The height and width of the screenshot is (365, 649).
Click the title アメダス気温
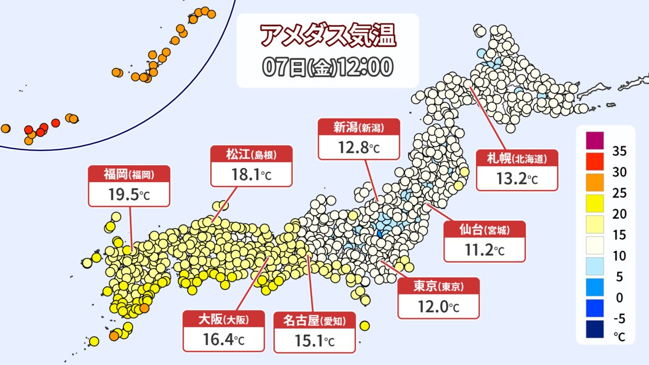327,36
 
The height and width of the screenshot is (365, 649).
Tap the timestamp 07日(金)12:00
327,67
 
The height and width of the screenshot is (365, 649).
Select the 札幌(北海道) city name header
517,158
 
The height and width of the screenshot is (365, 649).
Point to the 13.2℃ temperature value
517,179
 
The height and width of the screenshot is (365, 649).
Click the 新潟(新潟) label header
359,128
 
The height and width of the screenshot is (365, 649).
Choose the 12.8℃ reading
359,149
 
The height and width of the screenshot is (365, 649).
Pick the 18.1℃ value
252,175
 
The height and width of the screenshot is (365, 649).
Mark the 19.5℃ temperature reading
129,195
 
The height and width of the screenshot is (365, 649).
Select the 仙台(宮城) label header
484,230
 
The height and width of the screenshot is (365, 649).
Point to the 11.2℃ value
484,251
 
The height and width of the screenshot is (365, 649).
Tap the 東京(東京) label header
438,286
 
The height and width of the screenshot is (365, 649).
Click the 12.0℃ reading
438,307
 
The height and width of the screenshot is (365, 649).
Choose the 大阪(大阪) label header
224,320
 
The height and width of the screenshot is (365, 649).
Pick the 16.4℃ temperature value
224,341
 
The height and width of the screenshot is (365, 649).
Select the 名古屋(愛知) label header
315,321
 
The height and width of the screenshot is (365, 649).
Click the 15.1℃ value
315,341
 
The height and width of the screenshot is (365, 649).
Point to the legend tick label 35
620,151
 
